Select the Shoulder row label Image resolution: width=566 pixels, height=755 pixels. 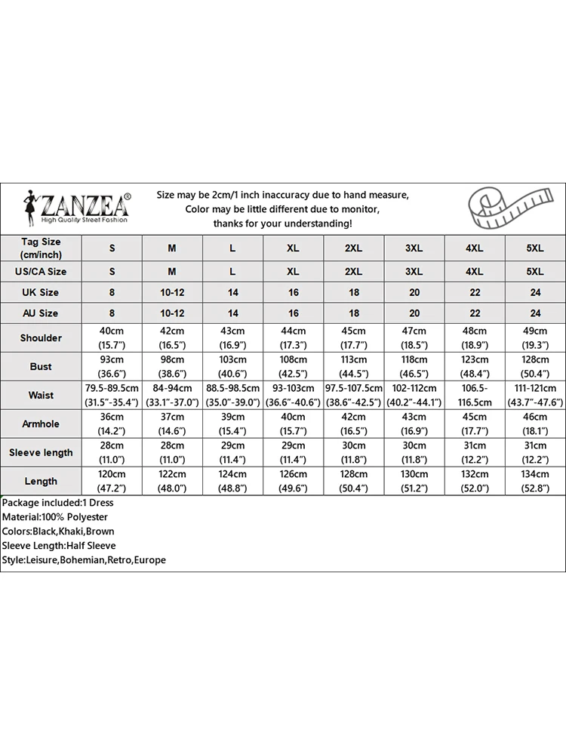(41, 337)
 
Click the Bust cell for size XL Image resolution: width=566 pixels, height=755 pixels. (294, 366)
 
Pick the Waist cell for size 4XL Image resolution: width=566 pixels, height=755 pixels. (474, 395)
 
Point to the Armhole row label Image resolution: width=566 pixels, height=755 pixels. (41, 424)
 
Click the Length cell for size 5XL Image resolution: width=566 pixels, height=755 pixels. (534, 481)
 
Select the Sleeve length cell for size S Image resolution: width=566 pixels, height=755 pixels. (112, 452)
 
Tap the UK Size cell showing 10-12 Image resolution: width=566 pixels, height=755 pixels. (172, 292)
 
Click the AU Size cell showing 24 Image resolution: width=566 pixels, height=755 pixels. (534, 313)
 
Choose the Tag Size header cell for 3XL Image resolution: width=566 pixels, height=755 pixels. (414, 248)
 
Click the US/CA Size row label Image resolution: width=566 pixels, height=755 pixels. (41, 271)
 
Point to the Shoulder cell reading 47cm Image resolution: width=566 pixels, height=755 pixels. (414, 337)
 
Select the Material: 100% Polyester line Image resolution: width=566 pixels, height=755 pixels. (54, 517)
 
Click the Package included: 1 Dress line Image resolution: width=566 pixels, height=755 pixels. (57, 503)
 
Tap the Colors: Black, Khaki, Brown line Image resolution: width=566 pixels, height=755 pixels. (58, 532)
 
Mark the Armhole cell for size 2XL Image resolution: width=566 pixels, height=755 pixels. (353, 424)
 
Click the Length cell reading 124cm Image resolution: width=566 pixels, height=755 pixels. (232, 481)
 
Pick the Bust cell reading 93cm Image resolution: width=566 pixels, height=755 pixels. (112, 366)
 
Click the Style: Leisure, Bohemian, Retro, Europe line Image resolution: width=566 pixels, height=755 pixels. (83, 560)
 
